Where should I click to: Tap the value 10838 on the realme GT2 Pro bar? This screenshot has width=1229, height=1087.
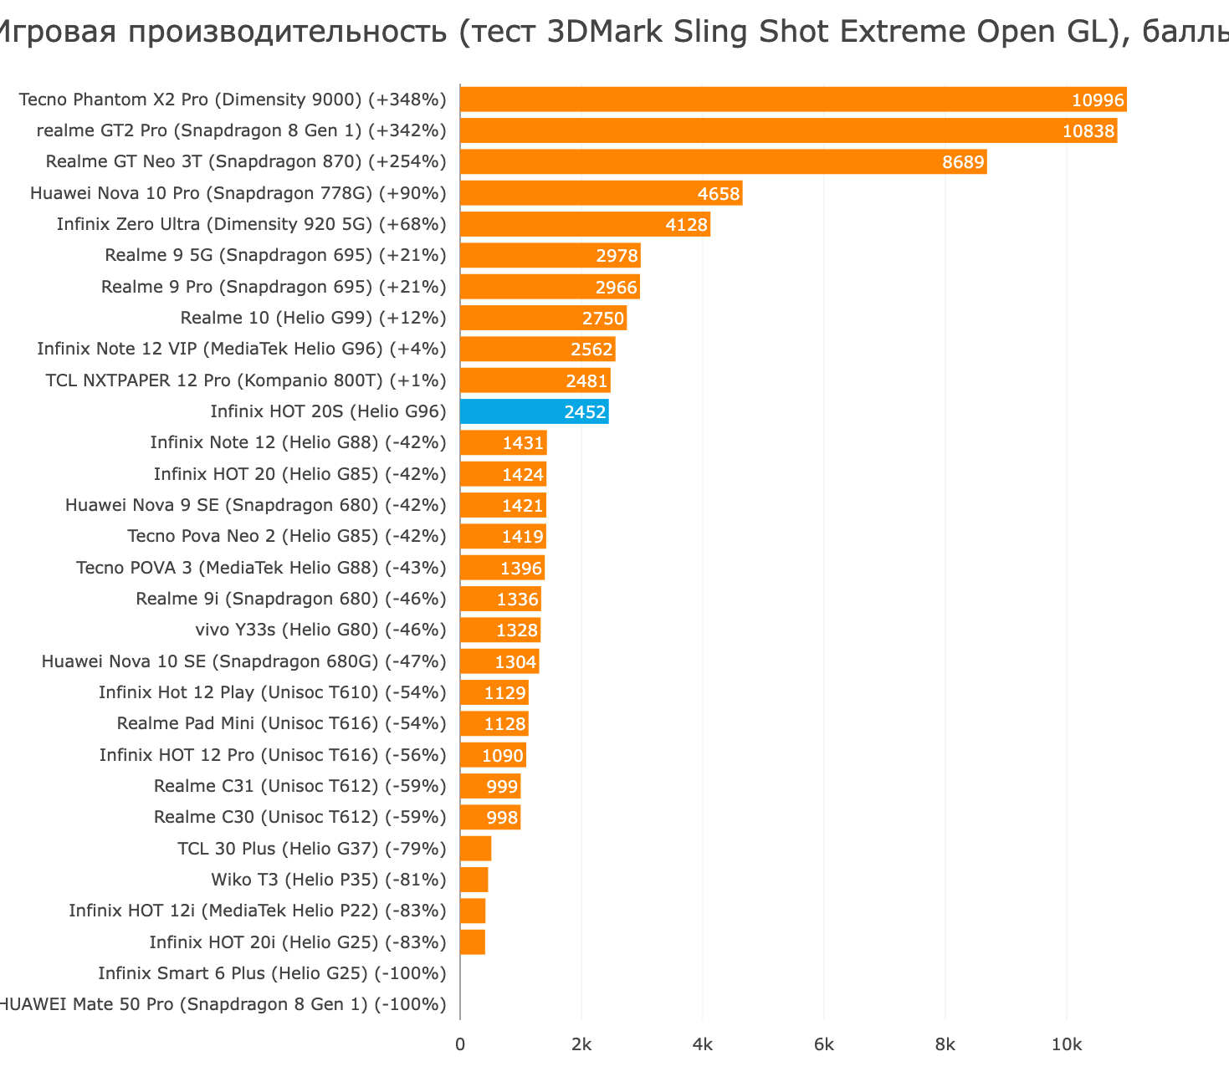(1088, 131)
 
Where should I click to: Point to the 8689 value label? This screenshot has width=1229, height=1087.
(963, 162)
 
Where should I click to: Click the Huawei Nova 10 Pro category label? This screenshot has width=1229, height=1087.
(238, 193)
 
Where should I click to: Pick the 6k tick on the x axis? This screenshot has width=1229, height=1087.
(824, 1045)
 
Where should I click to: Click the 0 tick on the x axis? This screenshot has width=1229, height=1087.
(460, 1045)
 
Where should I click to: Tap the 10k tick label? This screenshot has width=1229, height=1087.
(1067, 1045)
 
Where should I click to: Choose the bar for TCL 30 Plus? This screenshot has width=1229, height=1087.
(475, 849)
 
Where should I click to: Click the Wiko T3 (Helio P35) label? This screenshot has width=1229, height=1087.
(329, 880)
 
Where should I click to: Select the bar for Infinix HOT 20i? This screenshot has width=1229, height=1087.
(473, 942)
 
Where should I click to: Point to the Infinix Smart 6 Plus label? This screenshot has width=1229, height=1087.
(272, 973)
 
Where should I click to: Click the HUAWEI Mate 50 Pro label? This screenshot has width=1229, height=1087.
(222, 1004)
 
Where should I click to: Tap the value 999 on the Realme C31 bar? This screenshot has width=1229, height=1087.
(502, 787)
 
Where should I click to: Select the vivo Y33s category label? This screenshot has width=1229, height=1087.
(320, 630)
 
